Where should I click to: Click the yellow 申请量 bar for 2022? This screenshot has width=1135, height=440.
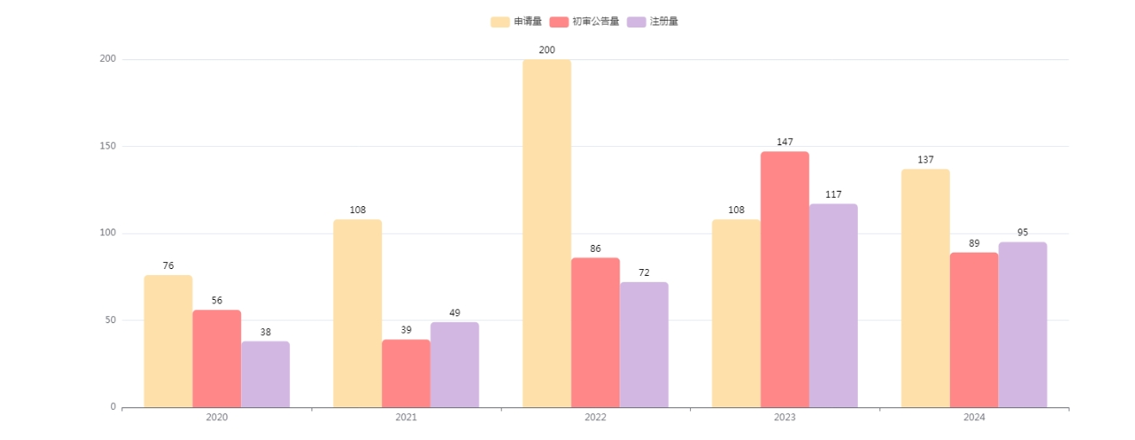click(x=546, y=233)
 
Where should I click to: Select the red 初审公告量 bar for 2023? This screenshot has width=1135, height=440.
click(x=784, y=279)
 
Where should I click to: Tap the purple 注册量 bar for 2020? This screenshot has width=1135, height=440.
click(x=265, y=374)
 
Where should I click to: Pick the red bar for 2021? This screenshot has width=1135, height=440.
click(x=405, y=373)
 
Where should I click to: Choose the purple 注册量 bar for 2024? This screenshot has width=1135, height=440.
click(x=1022, y=324)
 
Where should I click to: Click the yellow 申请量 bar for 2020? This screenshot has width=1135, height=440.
click(x=168, y=340)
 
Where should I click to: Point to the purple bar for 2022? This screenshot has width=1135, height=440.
click(x=644, y=344)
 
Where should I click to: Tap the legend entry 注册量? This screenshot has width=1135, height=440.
click(x=653, y=21)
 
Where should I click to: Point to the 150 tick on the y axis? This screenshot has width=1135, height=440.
click(x=108, y=146)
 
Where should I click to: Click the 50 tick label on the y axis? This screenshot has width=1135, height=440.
click(x=110, y=321)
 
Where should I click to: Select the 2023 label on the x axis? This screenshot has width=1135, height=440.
click(x=784, y=418)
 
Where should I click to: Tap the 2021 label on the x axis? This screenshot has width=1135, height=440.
click(x=405, y=418)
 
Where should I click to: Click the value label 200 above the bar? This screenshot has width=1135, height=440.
click(x=546, y=50)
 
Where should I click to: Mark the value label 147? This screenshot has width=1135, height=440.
click(x=784, y=142)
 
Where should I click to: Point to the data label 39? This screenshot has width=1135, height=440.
click(x=405, y=330)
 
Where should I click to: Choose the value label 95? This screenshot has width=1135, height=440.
click(x=1022, y=232)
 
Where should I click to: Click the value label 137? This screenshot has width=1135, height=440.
click(x=925, y=160)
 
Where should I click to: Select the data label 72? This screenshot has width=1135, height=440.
click(x=644, y=272)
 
